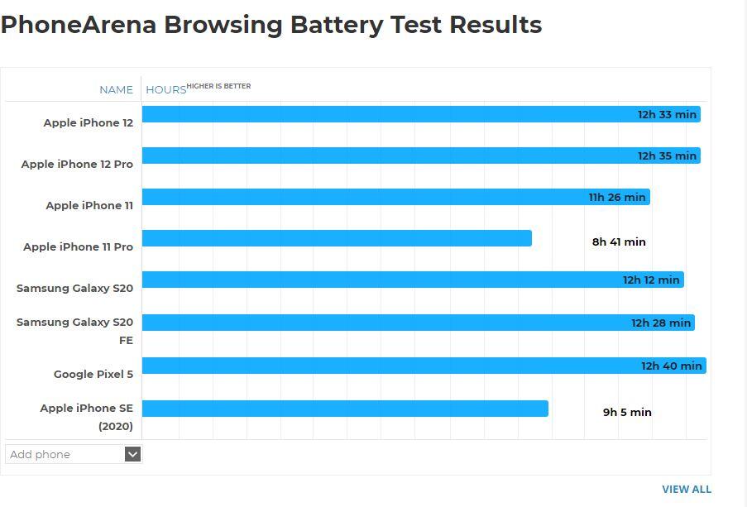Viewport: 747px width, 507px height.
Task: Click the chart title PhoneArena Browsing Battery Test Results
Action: coord(271,25)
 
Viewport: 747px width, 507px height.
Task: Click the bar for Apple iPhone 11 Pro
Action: coord(337,238)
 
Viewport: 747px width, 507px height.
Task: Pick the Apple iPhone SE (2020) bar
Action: coord(345,409)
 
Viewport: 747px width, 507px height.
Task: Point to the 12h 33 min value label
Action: coord(667,114)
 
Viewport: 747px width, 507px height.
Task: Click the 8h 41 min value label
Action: coord(619,242)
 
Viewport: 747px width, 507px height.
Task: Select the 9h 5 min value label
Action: coord(627,412)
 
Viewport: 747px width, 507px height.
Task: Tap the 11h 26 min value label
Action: coord(617,198)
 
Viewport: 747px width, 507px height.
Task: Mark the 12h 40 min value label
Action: coord(672,366)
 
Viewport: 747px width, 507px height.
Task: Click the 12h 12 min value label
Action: coord(651,280)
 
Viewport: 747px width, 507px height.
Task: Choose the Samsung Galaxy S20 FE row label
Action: coord(75,330)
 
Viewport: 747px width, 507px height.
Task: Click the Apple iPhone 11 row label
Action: coord(89,205)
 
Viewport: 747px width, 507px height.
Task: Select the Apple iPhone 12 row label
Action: coord(88,122)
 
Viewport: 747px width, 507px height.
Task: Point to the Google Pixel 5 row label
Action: coord(93,374)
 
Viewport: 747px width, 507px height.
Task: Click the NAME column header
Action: coord(116,89)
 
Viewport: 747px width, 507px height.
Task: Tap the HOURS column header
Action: coord(165,89)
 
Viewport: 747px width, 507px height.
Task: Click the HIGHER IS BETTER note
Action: coord(218,86)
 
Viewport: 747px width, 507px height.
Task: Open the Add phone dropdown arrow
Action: coord(132,454)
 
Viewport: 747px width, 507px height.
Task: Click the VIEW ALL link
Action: coord(686,489)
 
